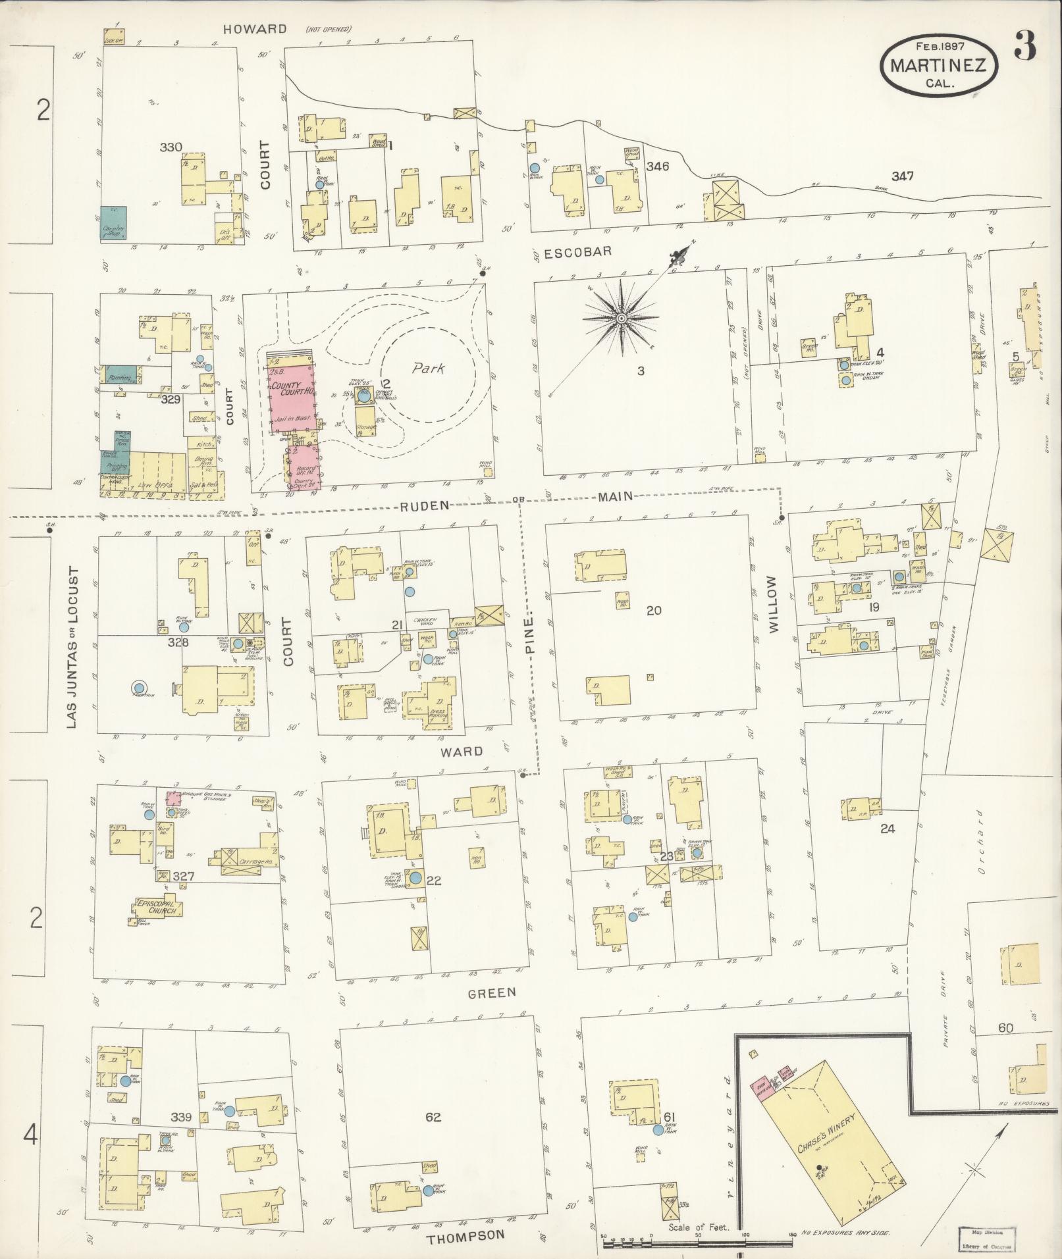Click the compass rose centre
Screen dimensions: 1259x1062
coord(620,319)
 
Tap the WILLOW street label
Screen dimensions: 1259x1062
coord(772,604)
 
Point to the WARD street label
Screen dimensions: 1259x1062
coord(462,751)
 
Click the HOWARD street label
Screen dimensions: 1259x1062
coord(254,29)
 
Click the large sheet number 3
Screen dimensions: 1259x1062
coord(1025,45)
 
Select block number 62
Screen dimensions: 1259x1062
coord(433,1116)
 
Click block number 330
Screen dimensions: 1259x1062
coord(171,147)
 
